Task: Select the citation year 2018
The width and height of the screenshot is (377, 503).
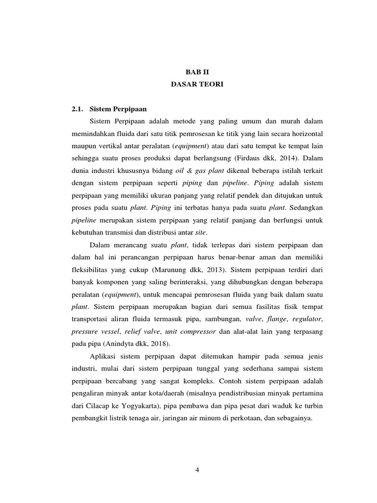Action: (169, 344)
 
